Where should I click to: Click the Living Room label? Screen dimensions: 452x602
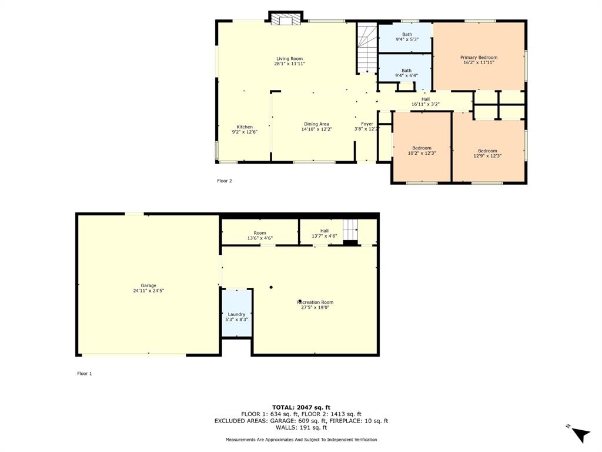point(289,58)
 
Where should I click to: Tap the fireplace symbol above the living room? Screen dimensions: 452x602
point(286,20)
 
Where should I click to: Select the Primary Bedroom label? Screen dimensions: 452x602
point(479,58)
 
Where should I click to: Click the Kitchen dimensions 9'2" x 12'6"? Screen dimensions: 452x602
point(245,132)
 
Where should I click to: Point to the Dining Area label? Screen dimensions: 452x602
point(316,124)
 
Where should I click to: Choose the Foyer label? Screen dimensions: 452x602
point(367,124)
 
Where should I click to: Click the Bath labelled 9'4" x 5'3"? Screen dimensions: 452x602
point(407,36)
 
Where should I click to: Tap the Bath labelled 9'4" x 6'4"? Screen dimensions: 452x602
point(407,73)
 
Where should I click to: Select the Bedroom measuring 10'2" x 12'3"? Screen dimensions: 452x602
point(422,151)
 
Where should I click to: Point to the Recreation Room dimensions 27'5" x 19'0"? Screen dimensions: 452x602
point(317,307)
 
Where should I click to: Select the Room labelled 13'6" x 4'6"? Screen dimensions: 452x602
point(260,235)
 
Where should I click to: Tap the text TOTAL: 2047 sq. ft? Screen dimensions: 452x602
point(301,407)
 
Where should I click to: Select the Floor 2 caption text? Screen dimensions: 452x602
point(225,181)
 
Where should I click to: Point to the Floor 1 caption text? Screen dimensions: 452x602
point(85,373)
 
